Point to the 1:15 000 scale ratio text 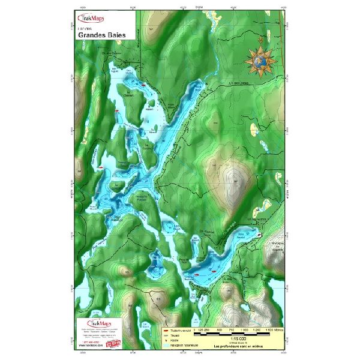[230, 338]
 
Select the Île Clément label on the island [127, 92]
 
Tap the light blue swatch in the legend [167, 345]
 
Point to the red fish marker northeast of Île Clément [144, 86]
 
